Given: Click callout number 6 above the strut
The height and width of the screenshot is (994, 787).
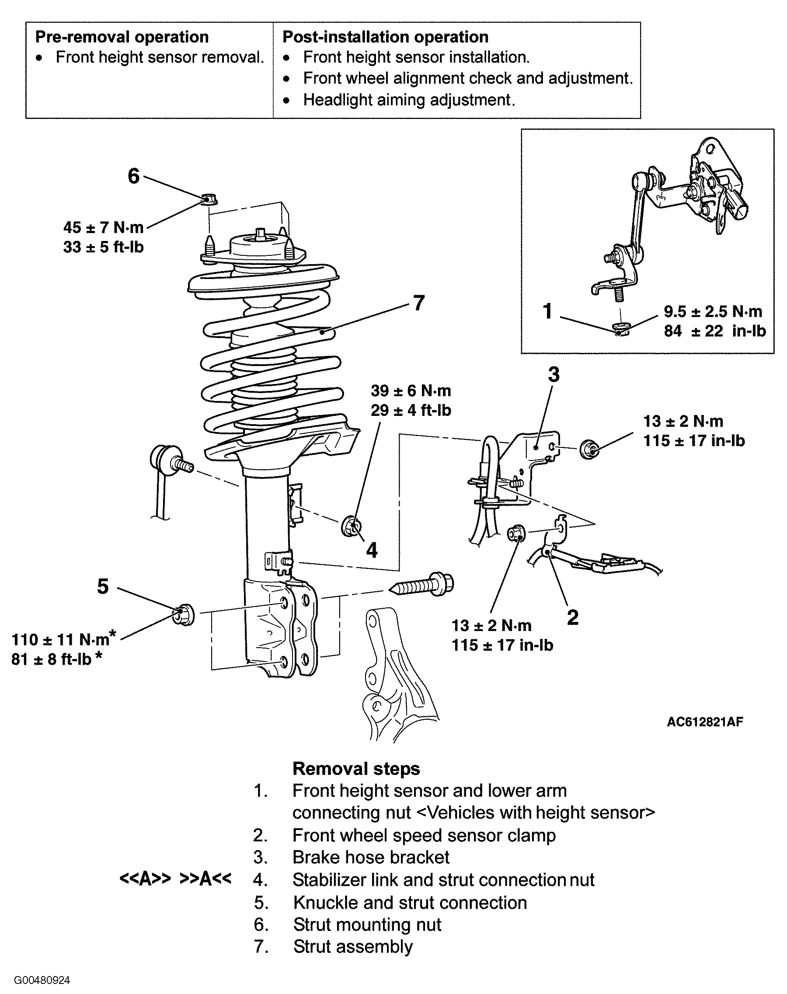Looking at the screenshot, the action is (x=134, y=176).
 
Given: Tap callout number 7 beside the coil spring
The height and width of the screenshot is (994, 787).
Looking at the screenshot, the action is (x=418, y=303).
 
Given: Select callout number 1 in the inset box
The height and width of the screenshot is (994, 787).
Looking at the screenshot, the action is (x=547, y=311).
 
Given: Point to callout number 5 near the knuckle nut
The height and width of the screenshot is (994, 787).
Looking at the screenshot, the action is (x=103, y=586).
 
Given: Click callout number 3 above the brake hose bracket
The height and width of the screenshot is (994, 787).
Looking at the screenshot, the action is (x=554, y=375).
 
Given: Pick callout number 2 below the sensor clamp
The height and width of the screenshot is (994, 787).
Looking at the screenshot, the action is (x=573, y=617).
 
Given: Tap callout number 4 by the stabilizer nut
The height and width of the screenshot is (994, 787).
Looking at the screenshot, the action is (x=372, y=550).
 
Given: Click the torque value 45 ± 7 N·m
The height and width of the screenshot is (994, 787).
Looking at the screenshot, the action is (x=104, y=227).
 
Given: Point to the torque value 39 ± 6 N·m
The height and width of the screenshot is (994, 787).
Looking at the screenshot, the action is (x=411, y=391).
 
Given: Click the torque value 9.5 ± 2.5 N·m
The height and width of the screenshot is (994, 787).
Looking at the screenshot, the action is (x=713, y=311).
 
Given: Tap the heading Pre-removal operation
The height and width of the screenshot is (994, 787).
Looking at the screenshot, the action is (x=122, y=37).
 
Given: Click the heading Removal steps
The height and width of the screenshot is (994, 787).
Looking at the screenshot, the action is (x=356, y=769).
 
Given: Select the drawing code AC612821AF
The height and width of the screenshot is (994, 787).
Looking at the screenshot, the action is (x=705, y=722).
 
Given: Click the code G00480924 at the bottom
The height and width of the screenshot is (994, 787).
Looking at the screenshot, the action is (x=42, y=980).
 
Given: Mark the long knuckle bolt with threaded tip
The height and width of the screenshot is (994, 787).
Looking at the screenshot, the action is (x=421, y=585).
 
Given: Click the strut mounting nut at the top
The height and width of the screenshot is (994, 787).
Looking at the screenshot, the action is (x=210, y=199).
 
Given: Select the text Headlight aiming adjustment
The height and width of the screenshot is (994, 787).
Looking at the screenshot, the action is (x=409, y=100).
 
